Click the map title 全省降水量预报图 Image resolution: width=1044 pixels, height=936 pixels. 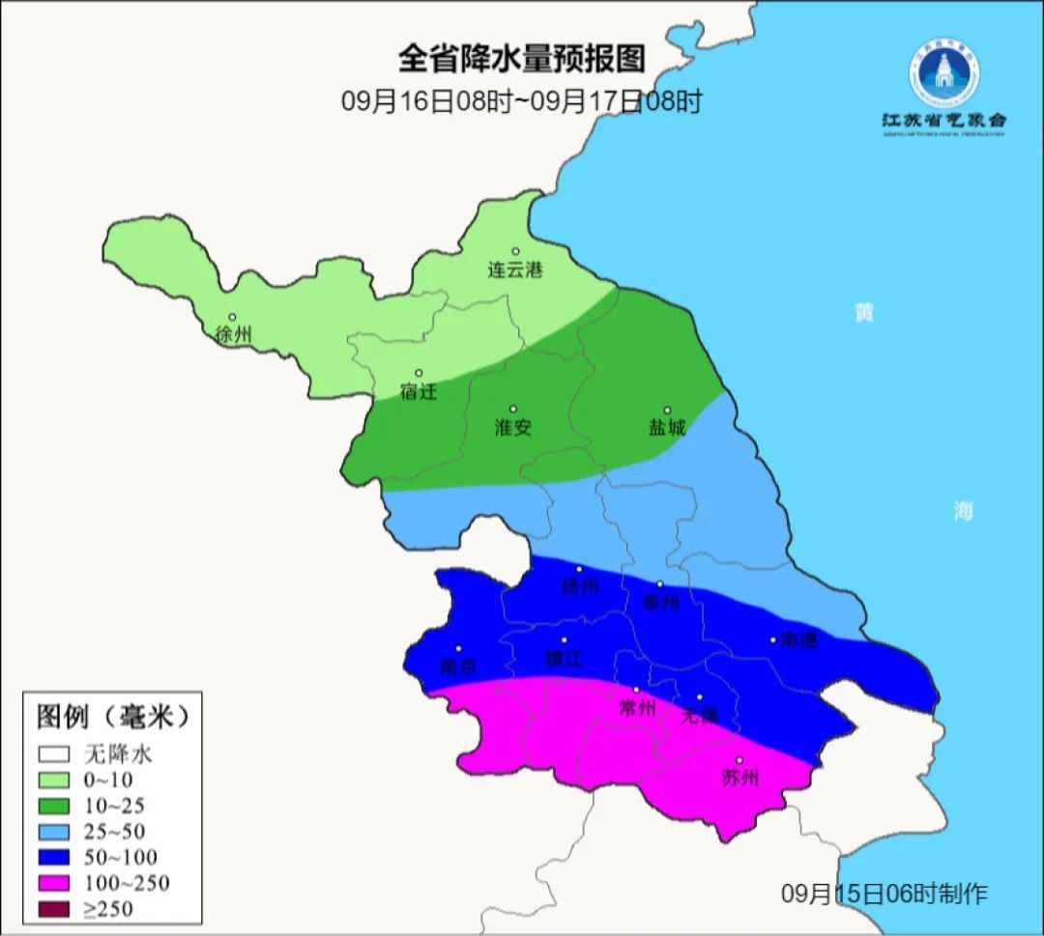522,59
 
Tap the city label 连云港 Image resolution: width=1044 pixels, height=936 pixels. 515,270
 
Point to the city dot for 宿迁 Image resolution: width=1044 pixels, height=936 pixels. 419,373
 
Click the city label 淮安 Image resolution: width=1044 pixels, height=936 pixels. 513,427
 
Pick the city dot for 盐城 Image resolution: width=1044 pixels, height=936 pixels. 667,411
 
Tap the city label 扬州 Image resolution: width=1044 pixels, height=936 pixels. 580,586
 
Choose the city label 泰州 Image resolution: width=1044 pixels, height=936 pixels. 661,603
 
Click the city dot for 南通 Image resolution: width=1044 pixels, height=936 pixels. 773,639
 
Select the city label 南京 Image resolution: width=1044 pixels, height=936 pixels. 458,667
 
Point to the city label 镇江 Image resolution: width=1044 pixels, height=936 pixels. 565,659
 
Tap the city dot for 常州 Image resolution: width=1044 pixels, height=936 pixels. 636,690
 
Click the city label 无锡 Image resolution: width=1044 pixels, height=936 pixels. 700,716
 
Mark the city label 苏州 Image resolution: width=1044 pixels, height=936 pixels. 740,778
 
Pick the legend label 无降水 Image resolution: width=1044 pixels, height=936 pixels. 119,753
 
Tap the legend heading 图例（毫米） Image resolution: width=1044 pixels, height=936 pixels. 112,717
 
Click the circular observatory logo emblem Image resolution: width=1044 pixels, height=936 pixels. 943,73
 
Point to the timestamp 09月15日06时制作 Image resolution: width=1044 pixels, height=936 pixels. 884,893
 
